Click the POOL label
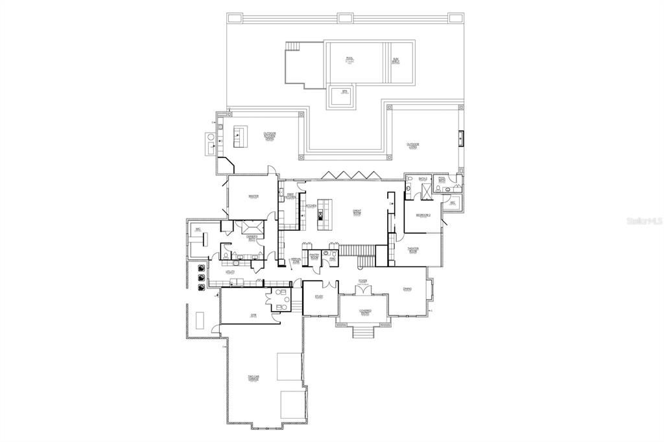tap(350, 60)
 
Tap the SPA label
tap(345, 93)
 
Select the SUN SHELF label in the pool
tap(396, 61)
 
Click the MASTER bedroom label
tap(254, 196)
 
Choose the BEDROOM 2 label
tap(422, 215)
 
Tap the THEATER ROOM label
tap(412, 250)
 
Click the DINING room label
tap(407, 289)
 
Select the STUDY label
tap(319, 297)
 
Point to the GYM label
tap(254, 315)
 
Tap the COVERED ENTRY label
tap(364, 312)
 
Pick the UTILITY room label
tap(230, 272)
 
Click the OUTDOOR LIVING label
tap(413, 146)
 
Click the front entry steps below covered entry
tap(364, 332)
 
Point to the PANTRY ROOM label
tap(314, 256)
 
